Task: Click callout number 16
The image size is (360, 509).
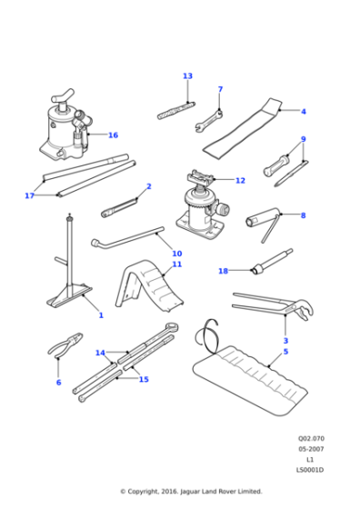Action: pyautogui.click(x=113, y=135)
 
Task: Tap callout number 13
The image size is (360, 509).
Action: pyautogui.click(x=187, y=76)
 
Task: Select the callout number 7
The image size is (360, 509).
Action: pyautogui.click(x=220, y=90)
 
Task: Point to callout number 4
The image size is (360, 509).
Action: pyautogui.click(x=304, y=112)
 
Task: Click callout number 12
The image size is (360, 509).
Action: pyautogui.click(x=240, y=181)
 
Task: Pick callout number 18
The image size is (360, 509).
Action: pyautogui.click(x=224, y=271)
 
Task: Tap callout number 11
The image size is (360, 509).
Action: pyautogui.click(x=177, y=264)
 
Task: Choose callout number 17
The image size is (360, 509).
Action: pyautogui.click(x=30, y=195)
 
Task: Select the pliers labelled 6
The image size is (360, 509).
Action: pyautogui.click(x=65, y=349)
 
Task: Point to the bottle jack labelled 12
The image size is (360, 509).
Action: pyautogui.click(x=202, y=211)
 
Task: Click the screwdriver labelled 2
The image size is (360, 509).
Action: pyautogui.click(x=125, y=208)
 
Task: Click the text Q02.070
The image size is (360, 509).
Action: pyautogui.click(x=310, y=439)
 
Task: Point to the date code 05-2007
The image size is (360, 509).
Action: pyautogui.click(x=310, y=449)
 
